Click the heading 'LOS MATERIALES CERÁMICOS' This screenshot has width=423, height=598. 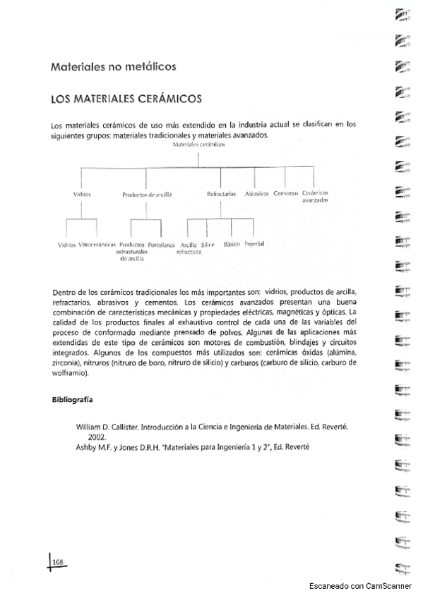[126, 99]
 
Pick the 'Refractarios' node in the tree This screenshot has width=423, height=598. [221, 193]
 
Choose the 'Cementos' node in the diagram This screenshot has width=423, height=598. [285, 193]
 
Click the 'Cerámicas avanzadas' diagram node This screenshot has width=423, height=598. [314, 196]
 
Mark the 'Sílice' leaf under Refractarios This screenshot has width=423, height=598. [208, 244]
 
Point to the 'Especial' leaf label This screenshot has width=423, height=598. [254, 243]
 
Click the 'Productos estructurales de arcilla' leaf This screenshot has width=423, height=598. [132, 251]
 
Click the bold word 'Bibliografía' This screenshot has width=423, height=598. [73, 400]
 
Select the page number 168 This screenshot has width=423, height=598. [58, 561]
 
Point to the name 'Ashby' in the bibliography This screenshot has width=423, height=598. [88, 446]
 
